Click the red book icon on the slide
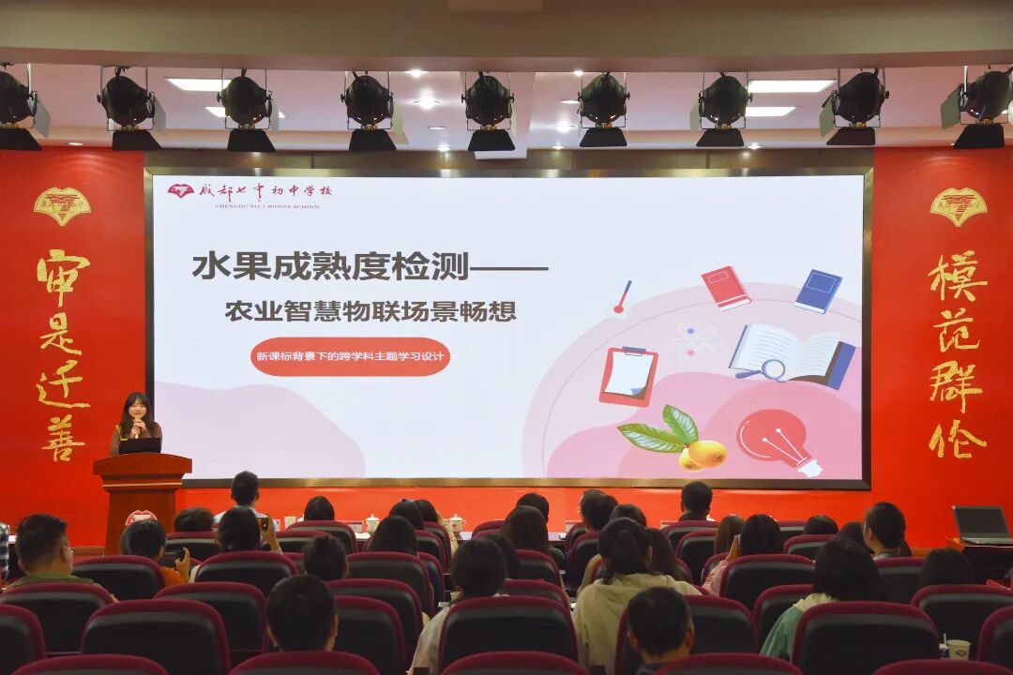(x=725, y=288)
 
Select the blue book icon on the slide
(x=818, y=291)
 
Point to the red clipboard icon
(x=627, y=375)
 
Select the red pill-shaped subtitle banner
(x=350, y=356)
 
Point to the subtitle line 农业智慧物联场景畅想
(x=370, y=311)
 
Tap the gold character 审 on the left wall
(x=63, y=277)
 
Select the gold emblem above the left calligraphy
(x=62, y=205)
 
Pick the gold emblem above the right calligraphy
(x=958, y=205)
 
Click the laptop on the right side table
(x=981, y=524)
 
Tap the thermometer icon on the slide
(x=622, y=297)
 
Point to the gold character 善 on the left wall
(x=63, y=438)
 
